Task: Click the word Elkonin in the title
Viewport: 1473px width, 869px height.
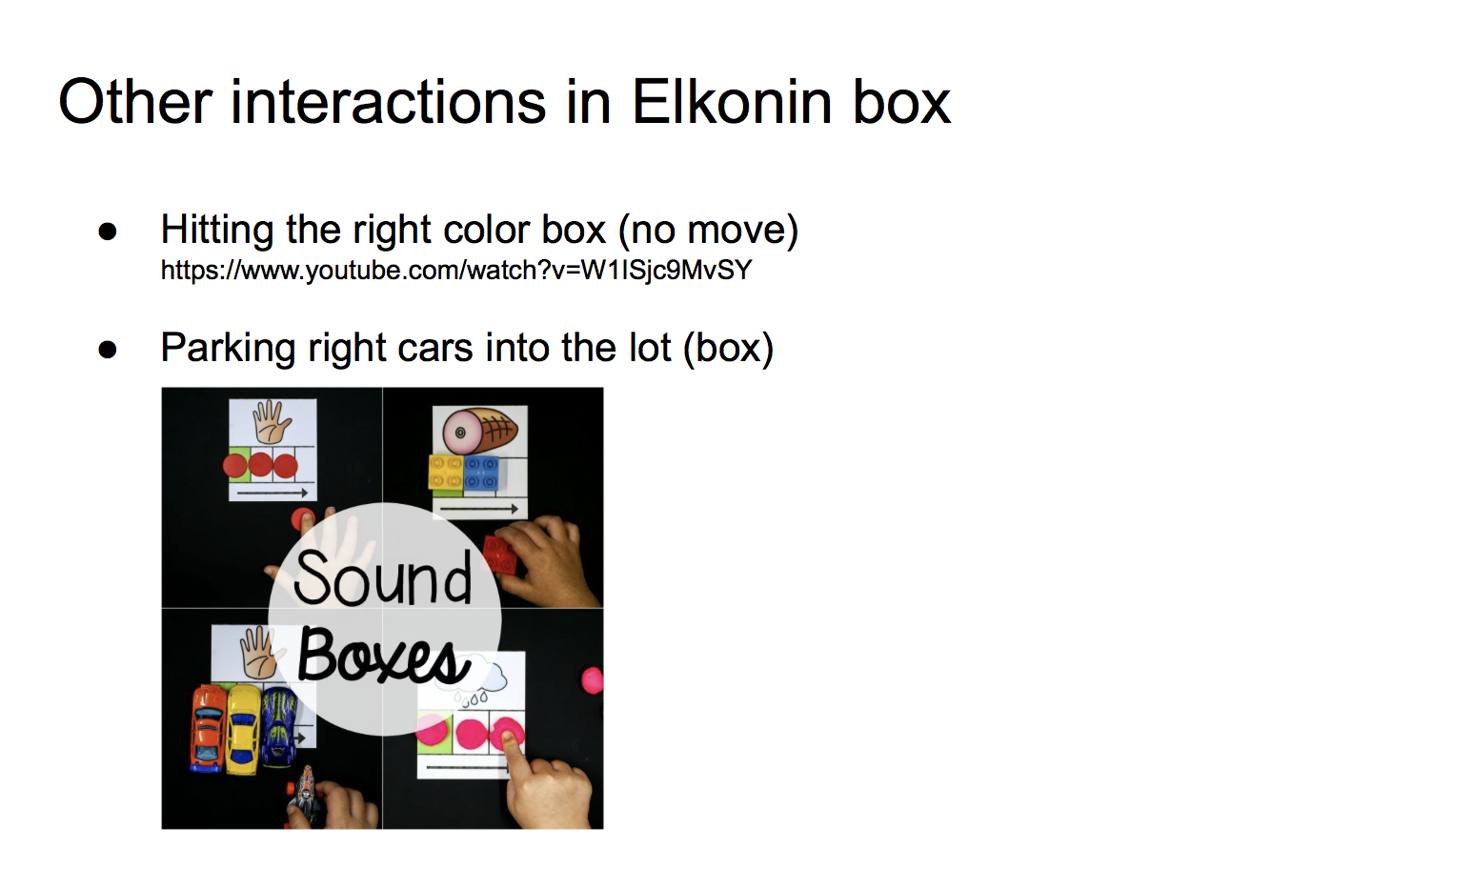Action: (x=732, y=102)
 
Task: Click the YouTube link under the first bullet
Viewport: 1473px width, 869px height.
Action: (x=456, y=271)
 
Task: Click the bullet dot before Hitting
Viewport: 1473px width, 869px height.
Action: (x=107, y=232)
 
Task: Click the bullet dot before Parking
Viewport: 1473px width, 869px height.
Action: (x=107, y=350)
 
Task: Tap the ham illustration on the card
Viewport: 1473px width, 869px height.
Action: (x=481, y=431)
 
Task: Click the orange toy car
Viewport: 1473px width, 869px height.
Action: (x=209, y=728)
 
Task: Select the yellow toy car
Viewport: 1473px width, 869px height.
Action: (x=243, y=730)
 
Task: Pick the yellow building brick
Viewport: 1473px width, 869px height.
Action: (x=446, y=473)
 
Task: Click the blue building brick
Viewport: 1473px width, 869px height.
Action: (x=481, y=473)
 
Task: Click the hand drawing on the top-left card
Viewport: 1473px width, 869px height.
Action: (x=272, y=422)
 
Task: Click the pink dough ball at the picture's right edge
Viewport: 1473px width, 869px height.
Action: (x=593, y=680)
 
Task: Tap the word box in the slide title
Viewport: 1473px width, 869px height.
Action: (x=901, y=102)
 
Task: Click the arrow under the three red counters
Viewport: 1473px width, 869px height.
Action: (x=272, y=492)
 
